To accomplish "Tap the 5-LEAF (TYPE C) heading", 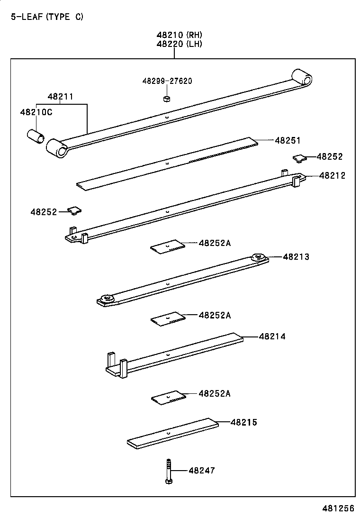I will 47,17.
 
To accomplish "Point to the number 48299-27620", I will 167,81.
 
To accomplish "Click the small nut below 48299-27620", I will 166,99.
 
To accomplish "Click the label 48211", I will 60,97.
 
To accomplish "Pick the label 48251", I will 288,141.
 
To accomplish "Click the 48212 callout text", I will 332,175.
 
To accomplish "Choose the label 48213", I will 296,257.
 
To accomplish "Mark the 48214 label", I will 272,336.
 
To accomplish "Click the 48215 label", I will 244,422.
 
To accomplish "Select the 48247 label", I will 202,471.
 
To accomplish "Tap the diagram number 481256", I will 339,509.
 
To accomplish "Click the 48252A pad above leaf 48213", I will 167,245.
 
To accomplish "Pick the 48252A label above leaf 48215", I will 215,393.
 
